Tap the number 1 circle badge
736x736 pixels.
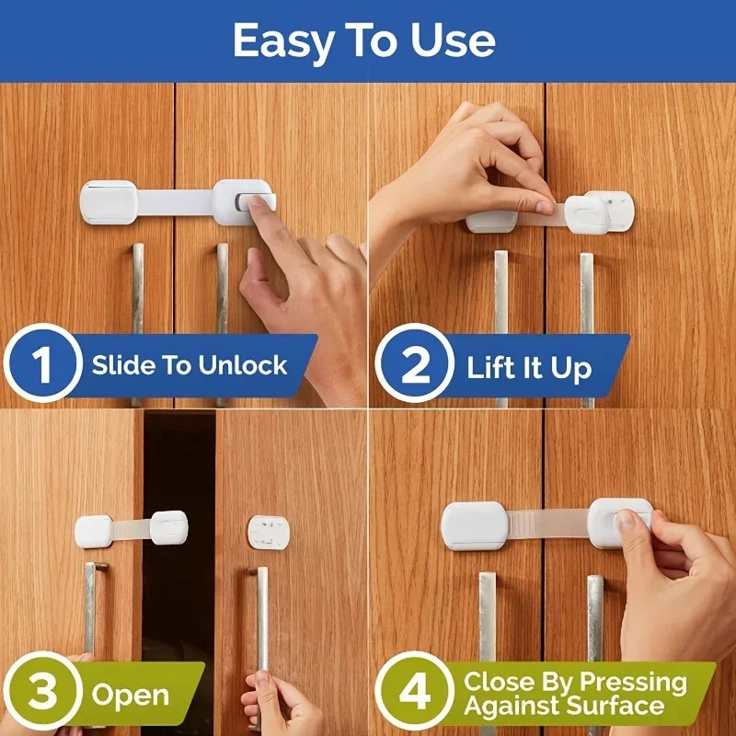42,365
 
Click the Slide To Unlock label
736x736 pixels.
190,365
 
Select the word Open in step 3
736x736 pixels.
130,695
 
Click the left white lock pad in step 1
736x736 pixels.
109,201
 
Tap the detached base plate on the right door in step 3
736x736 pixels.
268,531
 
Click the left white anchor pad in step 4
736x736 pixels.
474,524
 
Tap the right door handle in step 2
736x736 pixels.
586,322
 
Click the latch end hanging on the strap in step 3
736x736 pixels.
169,527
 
